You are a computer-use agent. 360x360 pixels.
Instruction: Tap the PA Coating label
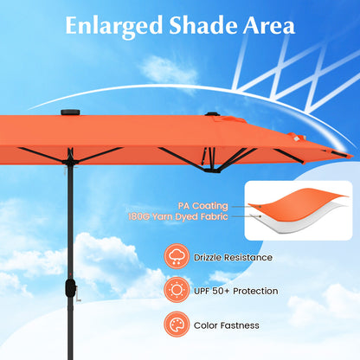click(204, 206)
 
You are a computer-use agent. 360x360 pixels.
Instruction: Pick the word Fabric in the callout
click(215, 218)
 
